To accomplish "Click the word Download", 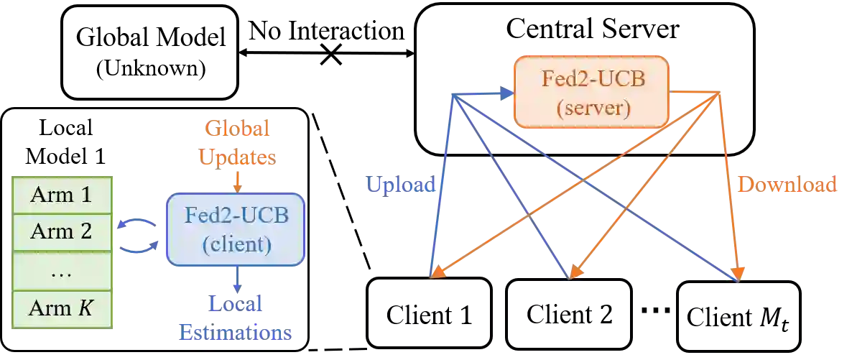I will (789, 185).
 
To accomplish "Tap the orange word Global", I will (236, 129).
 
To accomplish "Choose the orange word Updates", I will (236, 157).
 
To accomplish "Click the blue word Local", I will (236, 305).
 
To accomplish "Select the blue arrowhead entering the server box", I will (507, 93).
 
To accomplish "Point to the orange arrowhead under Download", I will (738, 274).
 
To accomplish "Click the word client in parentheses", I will (236, 245).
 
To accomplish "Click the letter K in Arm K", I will (85, 310).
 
